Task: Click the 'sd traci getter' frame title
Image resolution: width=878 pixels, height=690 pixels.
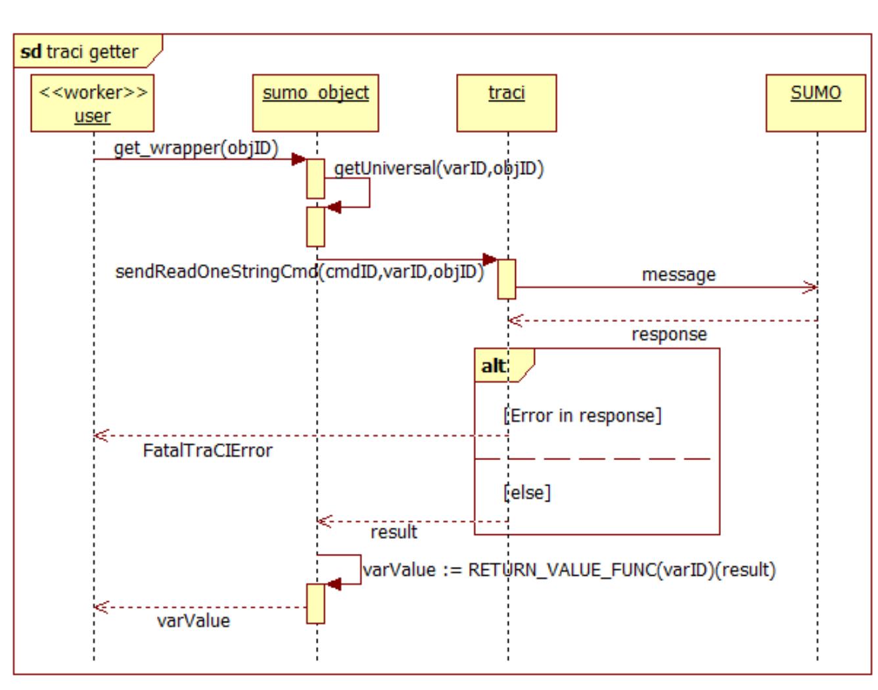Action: click(80, 52)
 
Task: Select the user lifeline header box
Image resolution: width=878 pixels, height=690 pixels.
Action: click(92, 103)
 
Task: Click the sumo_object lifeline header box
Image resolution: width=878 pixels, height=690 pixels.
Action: click(315, 103)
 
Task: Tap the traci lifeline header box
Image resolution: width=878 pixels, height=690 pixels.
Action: click(506, 103)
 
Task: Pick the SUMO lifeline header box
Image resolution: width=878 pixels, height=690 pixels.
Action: click(815, 103)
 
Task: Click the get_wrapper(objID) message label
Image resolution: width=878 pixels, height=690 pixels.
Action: click(196, 148)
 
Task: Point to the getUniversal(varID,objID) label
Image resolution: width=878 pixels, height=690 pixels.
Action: click(438, 169)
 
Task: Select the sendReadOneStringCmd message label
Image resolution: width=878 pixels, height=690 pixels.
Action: click(299, 271)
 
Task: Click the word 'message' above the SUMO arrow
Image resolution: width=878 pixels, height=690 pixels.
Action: click(678, 274)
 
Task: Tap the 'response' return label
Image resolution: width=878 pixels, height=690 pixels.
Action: click(669, 334)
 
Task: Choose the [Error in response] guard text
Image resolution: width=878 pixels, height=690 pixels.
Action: click(582, 415)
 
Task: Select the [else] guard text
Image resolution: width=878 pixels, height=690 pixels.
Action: click(527, 492)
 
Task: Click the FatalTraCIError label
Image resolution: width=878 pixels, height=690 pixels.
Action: click(207, 451)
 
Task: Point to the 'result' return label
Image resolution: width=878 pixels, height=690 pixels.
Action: click(394, 532)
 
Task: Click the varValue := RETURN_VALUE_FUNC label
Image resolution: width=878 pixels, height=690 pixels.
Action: click(568, 570)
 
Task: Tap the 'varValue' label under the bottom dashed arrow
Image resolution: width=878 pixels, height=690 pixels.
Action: click(193, 621)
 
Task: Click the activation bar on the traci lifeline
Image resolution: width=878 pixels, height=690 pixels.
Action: click(506, 279)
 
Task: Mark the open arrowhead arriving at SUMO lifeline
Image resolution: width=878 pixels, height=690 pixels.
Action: click(811, 287)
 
